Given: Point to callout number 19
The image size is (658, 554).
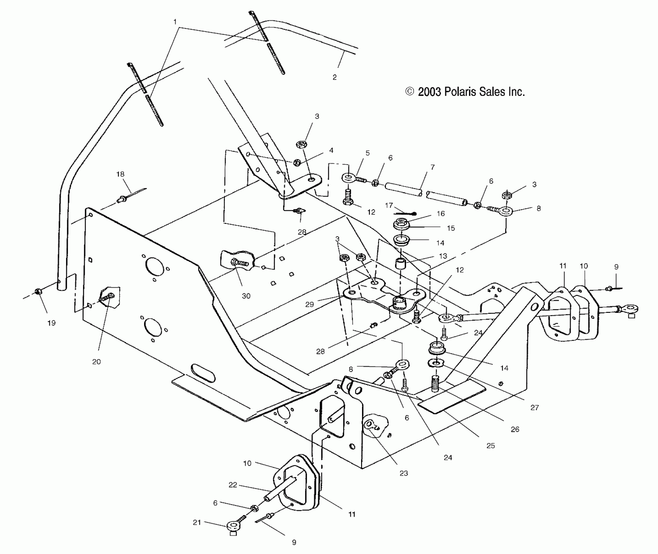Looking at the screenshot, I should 51,323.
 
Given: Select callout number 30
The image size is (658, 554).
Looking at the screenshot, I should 246,296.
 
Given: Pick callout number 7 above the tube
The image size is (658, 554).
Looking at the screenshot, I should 432,167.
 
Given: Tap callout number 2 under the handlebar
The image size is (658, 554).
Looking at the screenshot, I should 334,78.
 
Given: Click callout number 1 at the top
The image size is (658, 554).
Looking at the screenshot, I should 175,22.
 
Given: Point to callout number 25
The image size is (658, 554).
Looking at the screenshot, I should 490,445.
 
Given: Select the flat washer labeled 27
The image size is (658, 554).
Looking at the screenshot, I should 435,362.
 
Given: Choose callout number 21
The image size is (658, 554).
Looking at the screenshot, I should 197,522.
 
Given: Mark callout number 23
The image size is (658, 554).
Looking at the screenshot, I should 403,473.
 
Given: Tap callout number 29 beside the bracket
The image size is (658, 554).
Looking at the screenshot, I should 309,304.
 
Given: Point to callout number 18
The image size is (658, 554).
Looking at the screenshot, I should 120,174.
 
